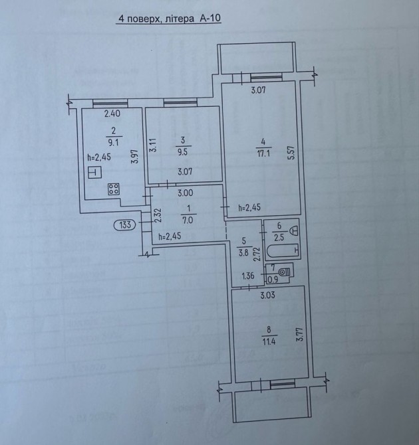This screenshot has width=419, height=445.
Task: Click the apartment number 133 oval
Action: click(x=125, y=224)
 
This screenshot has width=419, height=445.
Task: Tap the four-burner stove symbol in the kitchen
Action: click(x=114, y=189)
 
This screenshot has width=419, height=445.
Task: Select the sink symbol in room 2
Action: click(x=94, y=173)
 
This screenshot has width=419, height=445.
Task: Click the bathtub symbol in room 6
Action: click(x=282, y=250)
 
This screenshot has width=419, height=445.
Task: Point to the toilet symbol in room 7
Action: click(x=284, y=272)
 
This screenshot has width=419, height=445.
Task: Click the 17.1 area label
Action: click(x=263, y=154)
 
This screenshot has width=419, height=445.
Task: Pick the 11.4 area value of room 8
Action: click(x=269, y=341)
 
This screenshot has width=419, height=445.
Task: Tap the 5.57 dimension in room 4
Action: click(x=292, y=153)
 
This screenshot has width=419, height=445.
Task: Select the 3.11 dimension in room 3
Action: click(x=153, y=145)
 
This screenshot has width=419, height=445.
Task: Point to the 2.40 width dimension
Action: click(x=112, y=114)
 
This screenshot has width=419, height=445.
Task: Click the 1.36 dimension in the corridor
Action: click(x=248, y=276)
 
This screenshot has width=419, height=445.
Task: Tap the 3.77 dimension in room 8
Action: click(x=301, y=335)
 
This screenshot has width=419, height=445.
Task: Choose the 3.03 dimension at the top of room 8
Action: click(x=268, y=296)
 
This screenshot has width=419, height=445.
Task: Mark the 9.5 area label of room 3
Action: click(x=183, y=152)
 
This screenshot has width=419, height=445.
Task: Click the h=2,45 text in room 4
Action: click(x=249, y=207)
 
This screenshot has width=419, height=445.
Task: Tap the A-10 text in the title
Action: click(x=209, y=18)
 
